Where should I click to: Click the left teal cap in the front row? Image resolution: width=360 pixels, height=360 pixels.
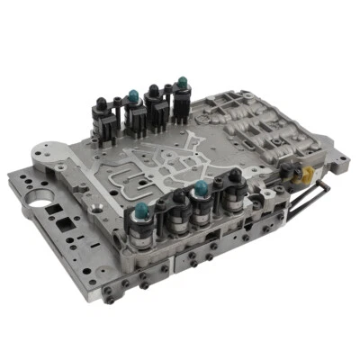pyautogui.click(x=142, y=211)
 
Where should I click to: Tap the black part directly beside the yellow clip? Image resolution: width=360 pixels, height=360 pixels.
pyautogui.click(x=292, y=170)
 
